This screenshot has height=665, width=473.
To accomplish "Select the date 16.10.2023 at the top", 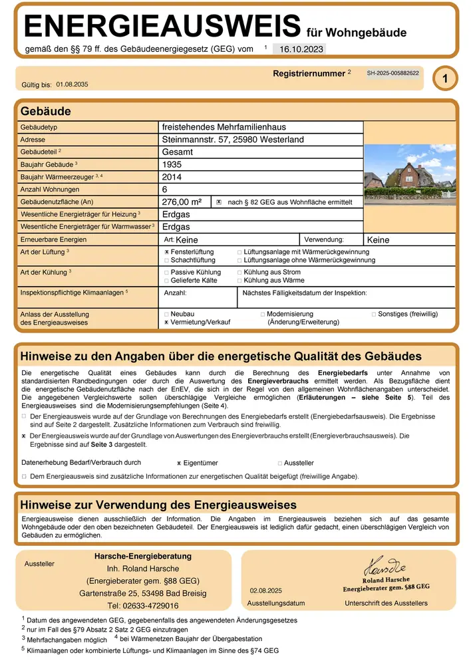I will point(299,49).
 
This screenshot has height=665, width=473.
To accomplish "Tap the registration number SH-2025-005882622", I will point(393,73).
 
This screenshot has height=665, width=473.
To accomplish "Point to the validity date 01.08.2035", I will point(72,84).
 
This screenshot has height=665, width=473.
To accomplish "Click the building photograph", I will point(410,173).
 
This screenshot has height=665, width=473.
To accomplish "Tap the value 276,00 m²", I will point(182,201).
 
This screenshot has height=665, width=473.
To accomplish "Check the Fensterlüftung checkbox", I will point(167,253).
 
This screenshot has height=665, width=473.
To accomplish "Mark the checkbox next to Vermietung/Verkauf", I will point(167,322).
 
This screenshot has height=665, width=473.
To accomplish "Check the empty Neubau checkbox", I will point(167,313).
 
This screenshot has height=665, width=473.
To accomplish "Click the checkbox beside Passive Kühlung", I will point(167,273).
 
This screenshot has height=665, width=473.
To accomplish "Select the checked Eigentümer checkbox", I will point(179,463).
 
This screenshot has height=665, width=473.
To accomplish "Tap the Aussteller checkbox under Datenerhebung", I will point(280,463).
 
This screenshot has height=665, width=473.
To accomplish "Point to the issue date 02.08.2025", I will point(266,591).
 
